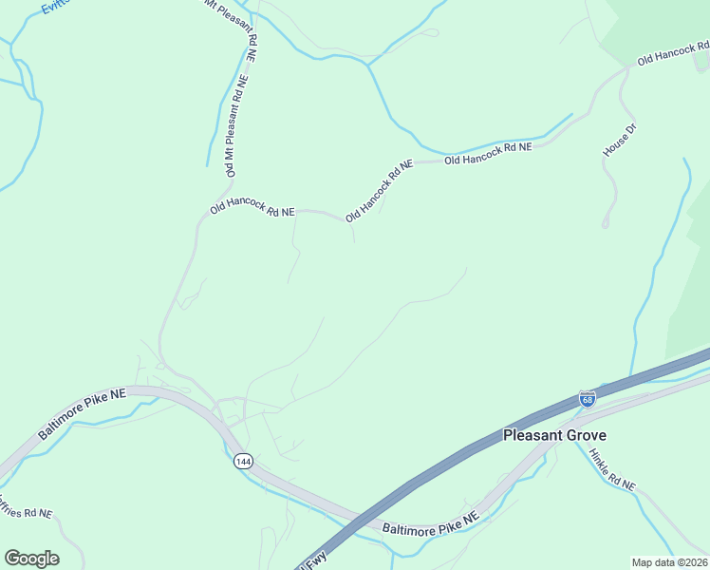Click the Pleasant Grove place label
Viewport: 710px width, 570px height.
coord(553,435)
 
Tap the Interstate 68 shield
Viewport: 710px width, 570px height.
coord(588,400)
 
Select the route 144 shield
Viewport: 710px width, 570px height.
coord(243,461)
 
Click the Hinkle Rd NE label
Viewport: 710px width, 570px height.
coord(611,469)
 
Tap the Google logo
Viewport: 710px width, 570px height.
coord(31,559)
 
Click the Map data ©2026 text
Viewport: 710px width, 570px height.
coord(669,562)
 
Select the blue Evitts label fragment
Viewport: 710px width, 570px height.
coord(61,8)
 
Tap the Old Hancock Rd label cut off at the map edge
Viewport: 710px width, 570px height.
coord(673,52)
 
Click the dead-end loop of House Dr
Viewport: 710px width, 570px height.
coord(606,224)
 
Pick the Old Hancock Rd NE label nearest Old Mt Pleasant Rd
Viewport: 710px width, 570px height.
coord(252,209)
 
